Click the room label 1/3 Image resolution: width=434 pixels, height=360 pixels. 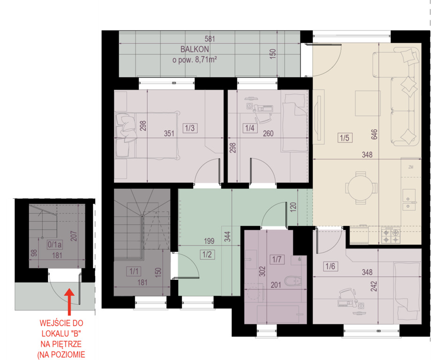[x=190, y=128]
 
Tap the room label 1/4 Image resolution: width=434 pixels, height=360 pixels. [x=250, y=128]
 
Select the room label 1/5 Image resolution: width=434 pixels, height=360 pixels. [x=345, y=138]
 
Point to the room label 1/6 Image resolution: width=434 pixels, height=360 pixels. [x=330, y=266]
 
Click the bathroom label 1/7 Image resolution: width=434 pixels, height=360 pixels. [x=277, y=259]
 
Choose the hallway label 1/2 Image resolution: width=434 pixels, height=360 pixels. [x=207, y=255]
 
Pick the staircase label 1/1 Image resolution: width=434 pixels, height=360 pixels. [x=134, y=271]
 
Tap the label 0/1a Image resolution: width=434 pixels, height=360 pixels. [x=55, y=244]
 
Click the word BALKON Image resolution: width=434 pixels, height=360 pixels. [x=195, y=49]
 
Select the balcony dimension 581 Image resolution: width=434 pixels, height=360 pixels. [x=210, y=39]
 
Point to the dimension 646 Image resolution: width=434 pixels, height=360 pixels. [x=374, y=135]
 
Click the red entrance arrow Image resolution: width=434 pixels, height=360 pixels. [x=69, y=302]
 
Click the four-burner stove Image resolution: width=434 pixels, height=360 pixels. [x=391, y=235]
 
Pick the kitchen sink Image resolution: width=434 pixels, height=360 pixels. [x=409, y=200]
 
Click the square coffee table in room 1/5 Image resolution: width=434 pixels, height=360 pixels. [x=367, y=103]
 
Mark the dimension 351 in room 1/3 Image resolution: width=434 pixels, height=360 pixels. [x=169, y=134]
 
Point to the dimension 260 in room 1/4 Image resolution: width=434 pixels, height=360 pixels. [x=268, y=134]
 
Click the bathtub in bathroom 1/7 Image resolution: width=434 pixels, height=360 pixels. [x=278, y=315]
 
